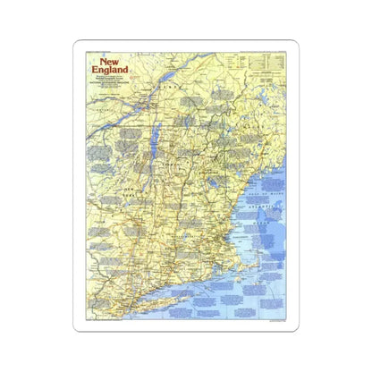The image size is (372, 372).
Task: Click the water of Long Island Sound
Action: pyautogui.click(x=165, y=286)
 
